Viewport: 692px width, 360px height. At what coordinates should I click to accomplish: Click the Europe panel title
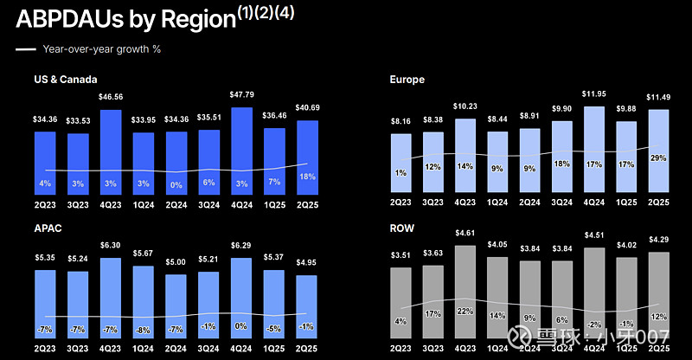407,80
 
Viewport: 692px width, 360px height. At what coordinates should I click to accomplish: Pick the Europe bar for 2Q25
659,151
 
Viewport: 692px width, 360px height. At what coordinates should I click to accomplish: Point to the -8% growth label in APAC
143,330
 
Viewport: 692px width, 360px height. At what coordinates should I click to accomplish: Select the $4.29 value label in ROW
659,239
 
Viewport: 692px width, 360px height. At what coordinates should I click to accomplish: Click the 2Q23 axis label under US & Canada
46,203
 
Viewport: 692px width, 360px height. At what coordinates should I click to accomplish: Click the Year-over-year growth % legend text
101,48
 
